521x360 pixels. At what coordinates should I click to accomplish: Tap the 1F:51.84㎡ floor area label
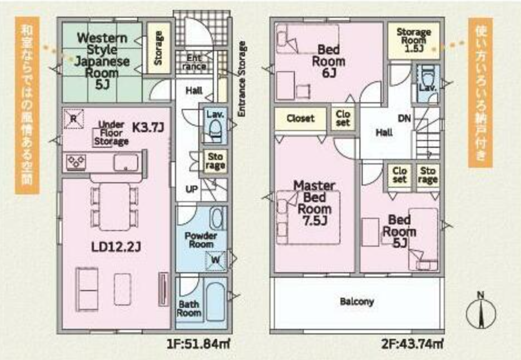(198, 344)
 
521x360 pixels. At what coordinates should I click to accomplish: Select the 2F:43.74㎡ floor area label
(412, 344)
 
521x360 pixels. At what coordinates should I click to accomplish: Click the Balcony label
(357, 302)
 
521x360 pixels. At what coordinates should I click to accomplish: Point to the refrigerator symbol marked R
(73, 119)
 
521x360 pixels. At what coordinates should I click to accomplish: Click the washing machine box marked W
(216, 260)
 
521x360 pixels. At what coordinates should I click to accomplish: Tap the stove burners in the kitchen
(76, 162)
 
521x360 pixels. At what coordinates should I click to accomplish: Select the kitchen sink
(126, 163)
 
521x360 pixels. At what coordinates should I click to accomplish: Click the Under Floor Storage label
(111, 133)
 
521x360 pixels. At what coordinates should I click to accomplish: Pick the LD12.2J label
(116, 247)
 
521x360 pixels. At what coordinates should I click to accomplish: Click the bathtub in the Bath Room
(216, 302)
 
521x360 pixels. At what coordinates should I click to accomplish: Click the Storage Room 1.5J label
(414, 40)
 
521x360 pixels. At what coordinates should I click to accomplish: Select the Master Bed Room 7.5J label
(314, 203)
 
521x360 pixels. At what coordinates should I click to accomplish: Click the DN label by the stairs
(404, 118)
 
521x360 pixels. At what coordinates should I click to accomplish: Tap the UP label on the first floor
(192, 189)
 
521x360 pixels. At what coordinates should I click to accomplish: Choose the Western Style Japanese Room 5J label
(102, 61)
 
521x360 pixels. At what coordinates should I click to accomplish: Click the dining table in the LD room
(115, 207)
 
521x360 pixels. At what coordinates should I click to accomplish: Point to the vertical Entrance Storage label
(242, 79)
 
